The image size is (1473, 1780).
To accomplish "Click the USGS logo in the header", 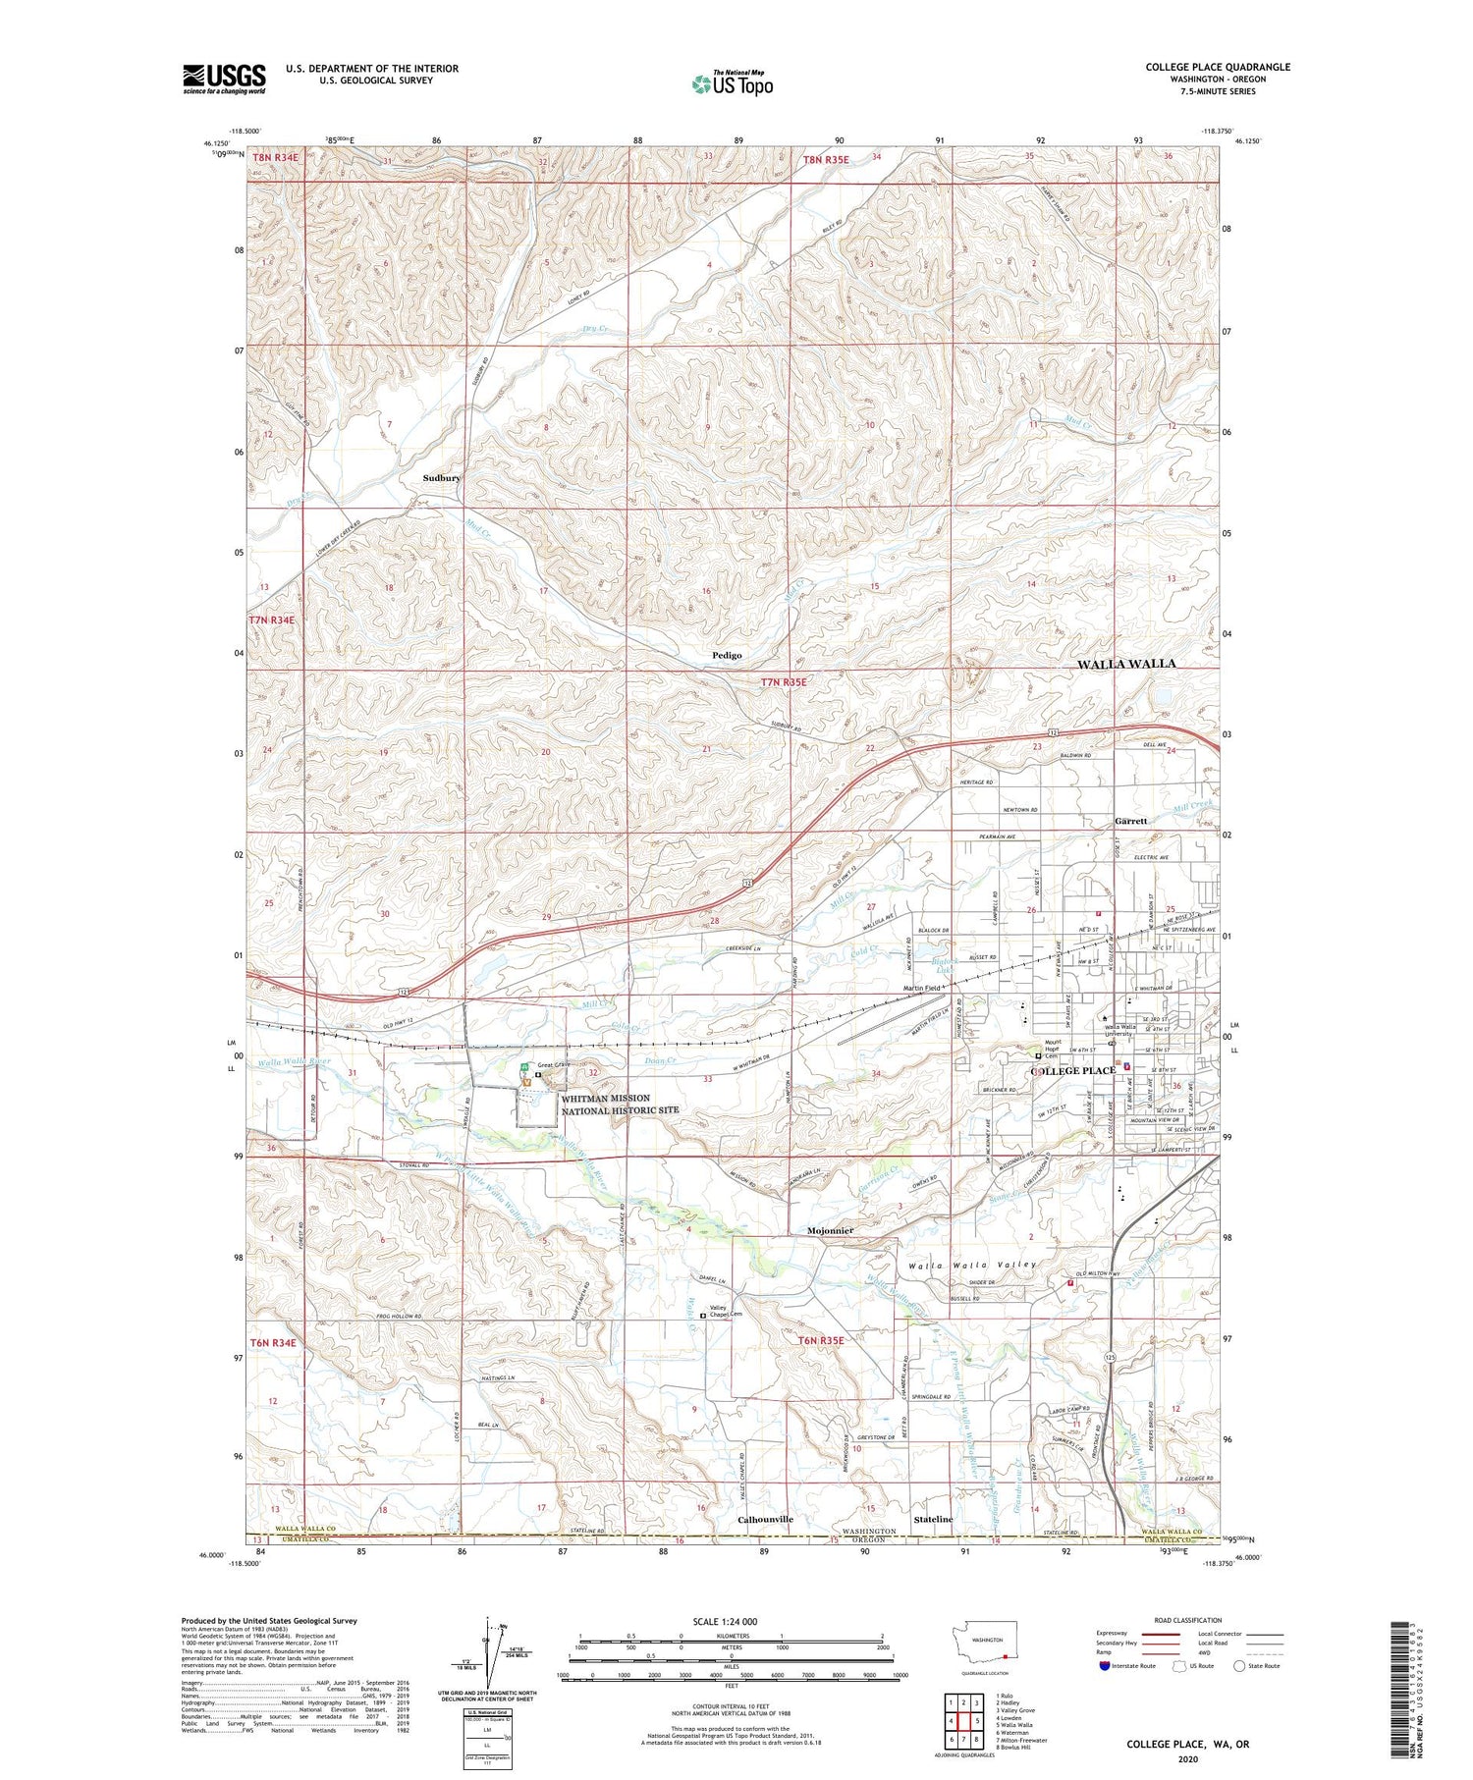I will tap(224, 79).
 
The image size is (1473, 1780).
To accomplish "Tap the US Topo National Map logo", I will tap(732, 83).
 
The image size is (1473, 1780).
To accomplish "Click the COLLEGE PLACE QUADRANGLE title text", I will tap(1217, 67).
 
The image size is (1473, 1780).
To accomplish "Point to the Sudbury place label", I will tap(441, 477).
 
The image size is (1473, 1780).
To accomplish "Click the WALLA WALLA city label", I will tap(1125, 664).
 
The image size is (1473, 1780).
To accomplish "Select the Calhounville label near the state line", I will tap(765, 1519).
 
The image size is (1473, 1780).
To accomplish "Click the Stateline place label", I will tap(933, 1519).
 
